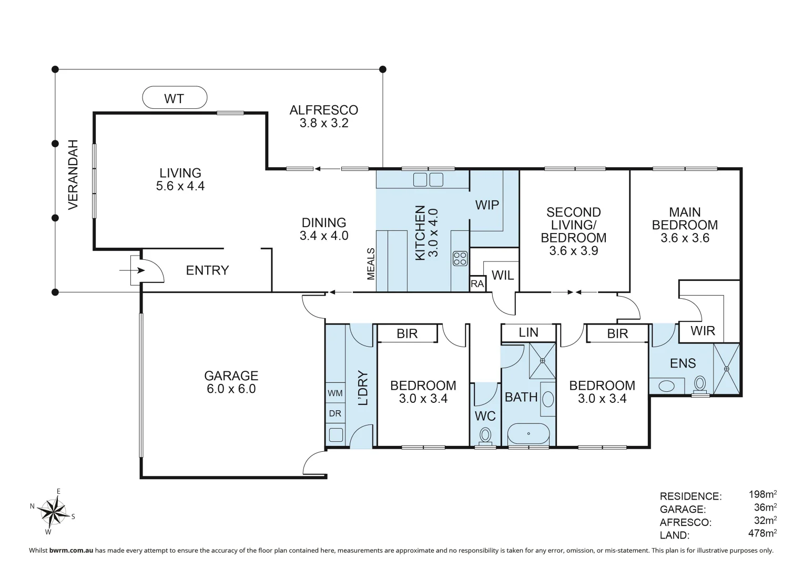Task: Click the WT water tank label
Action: pyautogui.click(x=174, y=99)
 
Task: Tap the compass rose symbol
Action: pyautogui.click(x=53, y=511)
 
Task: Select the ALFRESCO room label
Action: pyautogui.click(x=324, y=110)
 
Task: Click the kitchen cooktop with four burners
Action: pyautogui.click(x=460, y=259)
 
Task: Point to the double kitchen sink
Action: pyautogui.click(x=428, y=180)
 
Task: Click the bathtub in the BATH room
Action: pyautogui.click(x=528, y=434)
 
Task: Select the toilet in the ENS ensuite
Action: pyautogui.click(x=700, y=386)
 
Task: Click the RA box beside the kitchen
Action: pyautogui.click(x=477, y=283)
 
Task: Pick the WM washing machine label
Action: pyautogui.click(x=335, y=393)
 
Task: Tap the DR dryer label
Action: pyautogui.click(x=335, y=413)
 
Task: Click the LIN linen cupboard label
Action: pyautogui.click(x=528, y=332)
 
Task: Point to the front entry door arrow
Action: pyautogui.click(x=132, y=270)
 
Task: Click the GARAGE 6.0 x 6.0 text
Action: pyautogui.click(x=231, y=382)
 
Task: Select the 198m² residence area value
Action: pyautogui.click(x=763, y=494)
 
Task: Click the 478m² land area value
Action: pyautogui.click(x=763, y=533)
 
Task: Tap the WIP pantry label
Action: pyautogui.click(x=487, y=205)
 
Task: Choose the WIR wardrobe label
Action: pyautogui.click(x=703, y=331)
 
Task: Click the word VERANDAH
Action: pyautogui.click(x=73, y=175)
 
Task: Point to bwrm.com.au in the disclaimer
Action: pyautogui.click(x=71, y=551)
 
